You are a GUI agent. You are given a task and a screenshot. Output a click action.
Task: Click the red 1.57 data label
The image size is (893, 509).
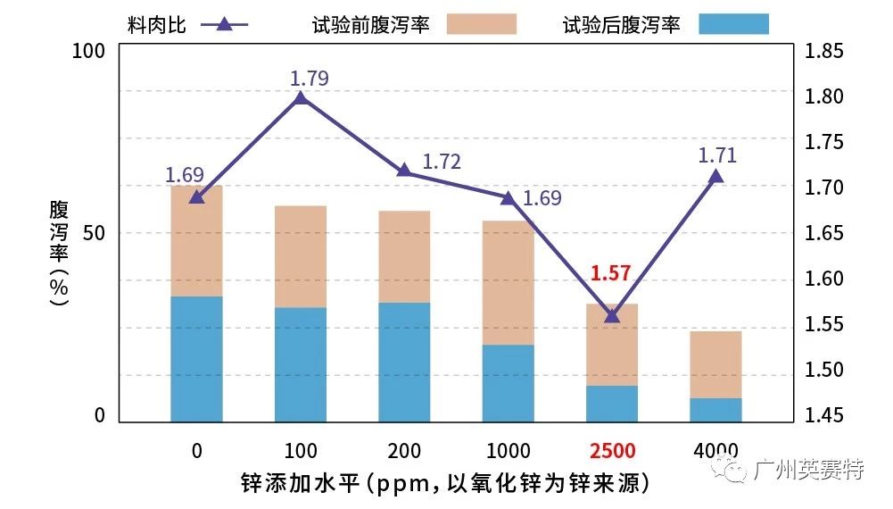click(611, 273)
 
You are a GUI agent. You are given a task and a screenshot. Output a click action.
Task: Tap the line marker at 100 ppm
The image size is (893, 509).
click(301, 97)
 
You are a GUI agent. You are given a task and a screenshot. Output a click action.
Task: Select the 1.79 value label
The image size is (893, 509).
click(310, 79)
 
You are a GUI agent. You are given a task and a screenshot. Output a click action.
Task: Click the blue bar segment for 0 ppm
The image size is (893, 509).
click(196, 358)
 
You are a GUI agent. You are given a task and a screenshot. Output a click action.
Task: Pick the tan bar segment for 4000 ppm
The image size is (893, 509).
click(715, 364)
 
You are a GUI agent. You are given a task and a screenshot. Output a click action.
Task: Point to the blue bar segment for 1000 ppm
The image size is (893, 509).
click(509, 383)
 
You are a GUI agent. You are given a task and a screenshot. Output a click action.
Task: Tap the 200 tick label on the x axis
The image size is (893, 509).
click(404, 450)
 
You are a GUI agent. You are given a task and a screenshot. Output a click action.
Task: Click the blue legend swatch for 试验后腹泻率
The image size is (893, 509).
click(734, 24)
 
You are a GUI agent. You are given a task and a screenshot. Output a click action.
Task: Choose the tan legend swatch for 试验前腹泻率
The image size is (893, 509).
click(481, 24)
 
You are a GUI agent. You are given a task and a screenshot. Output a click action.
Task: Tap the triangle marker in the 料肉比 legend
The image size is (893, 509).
click(225, 24)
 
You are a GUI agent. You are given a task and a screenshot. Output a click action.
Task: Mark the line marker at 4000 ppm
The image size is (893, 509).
click(715, 176)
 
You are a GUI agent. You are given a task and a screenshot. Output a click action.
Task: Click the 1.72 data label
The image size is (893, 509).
click(442, 162)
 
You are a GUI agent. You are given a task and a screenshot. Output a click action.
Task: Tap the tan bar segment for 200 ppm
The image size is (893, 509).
click(404, 257)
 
